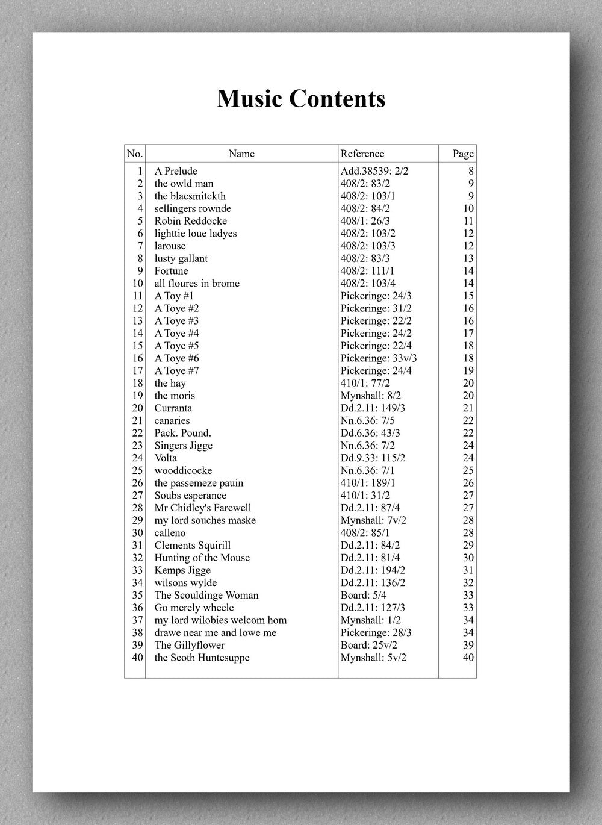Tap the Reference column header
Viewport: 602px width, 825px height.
tap(362, 154)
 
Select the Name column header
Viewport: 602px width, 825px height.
tap(241, 154)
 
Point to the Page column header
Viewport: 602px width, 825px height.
tap(463, 154)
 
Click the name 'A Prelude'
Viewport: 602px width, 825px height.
tap(176, 171)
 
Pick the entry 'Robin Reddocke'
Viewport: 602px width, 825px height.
tap(191, 221)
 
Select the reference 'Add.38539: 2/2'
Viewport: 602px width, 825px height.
tap(374, 171)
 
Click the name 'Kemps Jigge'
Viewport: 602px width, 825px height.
tap(182, 570)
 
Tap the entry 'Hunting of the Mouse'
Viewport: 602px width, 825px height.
tap(202, 558)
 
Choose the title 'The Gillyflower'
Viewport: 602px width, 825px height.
tap(189, 645)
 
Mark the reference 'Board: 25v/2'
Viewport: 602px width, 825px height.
tap(369, 645)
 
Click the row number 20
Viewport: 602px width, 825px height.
tap(137, 408)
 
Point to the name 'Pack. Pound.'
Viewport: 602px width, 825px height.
tap(182, 433)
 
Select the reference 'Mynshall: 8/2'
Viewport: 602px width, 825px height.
tap(371, 396)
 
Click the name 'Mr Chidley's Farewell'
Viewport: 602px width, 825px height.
tap(203, 508)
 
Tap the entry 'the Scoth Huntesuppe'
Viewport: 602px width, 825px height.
tap(202, 658)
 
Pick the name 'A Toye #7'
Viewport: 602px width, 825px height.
tap(176, 371)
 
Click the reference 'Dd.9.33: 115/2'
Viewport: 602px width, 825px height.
tap(373, 458)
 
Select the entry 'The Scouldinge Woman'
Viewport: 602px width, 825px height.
tap(206, 595)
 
